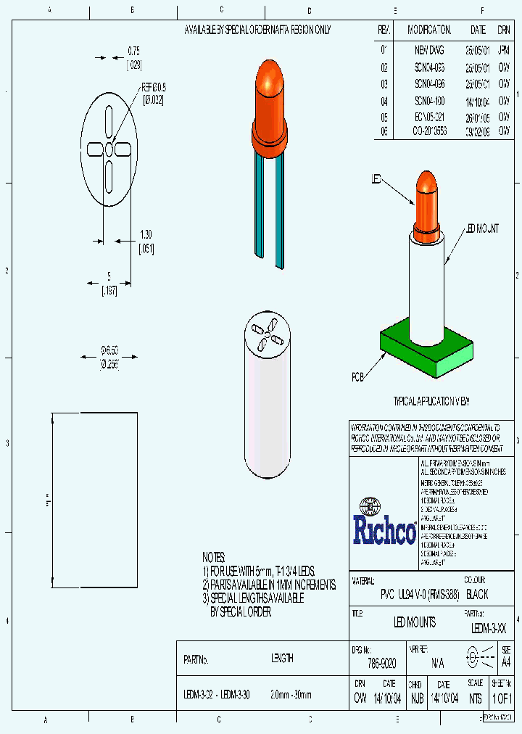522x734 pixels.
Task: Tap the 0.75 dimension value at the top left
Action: pyautogui.click(x=133, y=51)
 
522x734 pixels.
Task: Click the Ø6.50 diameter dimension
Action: pyautogui.click(x=109, y=351)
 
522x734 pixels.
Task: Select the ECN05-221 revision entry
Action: pyautogui.click(x=429, y=117)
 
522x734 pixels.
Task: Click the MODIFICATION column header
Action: pyautogui.click(x=429, y=30)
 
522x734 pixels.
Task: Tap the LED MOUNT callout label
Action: pyautogui.click(x=482, y=229)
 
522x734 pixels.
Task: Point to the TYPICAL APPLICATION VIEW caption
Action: pyautogui.click(x=431, y=401)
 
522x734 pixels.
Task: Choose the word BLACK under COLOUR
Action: pyautogui.click(x=477, y=594)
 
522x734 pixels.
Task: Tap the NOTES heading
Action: pyautogui.click(x=214, y=557)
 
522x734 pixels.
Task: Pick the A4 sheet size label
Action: pyautogui.click(x=506, y=661)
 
